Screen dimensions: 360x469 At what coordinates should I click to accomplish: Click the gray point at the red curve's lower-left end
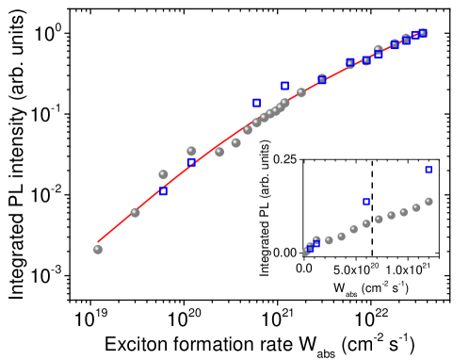98,249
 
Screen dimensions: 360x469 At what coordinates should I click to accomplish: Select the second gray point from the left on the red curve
135,212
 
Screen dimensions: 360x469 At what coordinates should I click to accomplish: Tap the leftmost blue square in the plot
163,191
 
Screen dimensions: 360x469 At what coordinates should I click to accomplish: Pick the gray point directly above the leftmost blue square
163,174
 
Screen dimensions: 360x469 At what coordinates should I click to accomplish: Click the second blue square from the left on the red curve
191,162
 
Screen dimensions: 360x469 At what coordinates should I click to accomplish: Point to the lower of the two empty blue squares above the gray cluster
256,102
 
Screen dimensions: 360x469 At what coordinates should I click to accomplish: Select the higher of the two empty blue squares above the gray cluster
284,86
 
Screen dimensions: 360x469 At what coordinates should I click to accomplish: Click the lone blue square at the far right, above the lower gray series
429,170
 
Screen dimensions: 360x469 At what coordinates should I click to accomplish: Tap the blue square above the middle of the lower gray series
366,201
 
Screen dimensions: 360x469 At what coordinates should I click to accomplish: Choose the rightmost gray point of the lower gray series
429,201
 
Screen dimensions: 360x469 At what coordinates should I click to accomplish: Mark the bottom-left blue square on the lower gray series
310,248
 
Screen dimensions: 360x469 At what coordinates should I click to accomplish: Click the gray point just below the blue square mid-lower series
366,223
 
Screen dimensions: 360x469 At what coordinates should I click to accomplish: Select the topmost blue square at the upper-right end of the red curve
423,33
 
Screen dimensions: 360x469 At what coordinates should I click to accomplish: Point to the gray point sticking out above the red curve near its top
378,49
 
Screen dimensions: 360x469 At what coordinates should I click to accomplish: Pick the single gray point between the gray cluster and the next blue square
301,92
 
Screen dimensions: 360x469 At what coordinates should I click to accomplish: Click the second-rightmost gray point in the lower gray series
416,207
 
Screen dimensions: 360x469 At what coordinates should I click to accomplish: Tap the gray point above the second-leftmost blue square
191,151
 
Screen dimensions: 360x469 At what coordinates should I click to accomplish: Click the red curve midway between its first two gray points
116,230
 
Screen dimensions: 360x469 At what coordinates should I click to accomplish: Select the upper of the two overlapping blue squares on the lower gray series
315,243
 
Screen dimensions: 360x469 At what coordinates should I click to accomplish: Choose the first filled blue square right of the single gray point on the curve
322,79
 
